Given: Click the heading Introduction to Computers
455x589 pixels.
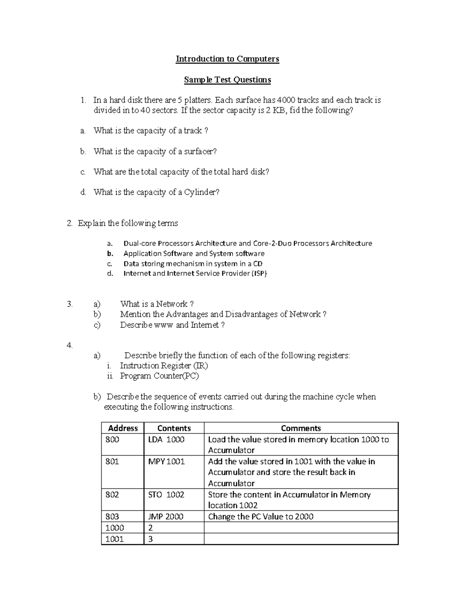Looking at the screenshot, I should (227, 59).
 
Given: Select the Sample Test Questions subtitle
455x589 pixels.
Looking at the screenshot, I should (227, 80).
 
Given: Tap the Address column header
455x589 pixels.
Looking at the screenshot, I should (123, 428).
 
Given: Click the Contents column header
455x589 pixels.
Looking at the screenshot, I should (174, 428).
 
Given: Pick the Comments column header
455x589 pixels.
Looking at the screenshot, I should (301, 428).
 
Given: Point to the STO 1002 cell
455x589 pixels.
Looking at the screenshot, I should (166, 495).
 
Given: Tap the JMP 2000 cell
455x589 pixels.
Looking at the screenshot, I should (166, 517).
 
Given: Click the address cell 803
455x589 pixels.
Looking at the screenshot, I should (112, 517).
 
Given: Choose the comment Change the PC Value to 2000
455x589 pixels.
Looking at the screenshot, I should (261, 517).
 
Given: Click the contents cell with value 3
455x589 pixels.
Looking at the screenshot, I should (151, 539).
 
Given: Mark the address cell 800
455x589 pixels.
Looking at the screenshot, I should (112, 440).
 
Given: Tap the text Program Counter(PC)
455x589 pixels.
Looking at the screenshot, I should (159, 376).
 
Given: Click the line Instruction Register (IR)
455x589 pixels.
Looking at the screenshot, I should (164, 366).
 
